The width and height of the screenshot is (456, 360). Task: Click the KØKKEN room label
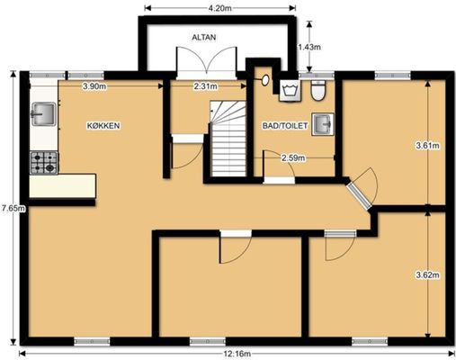pos(103,126)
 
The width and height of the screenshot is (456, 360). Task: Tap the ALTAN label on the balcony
pos(204,38)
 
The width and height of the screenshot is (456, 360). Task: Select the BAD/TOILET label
pos(285,126)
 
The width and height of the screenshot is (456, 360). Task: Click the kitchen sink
pos(44,114)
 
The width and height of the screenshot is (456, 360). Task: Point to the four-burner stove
pos(44,163)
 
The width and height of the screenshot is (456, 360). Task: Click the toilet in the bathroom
pos(318,90)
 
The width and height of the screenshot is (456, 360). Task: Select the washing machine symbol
pos(290,90)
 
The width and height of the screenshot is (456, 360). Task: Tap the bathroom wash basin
pos(323,124)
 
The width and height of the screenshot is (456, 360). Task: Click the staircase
pos(228,139)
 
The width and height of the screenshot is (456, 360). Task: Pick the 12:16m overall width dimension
pos(237,354)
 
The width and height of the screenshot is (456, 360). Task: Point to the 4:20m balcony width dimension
pos(220,8)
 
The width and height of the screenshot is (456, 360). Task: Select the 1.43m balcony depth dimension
pos(308,47)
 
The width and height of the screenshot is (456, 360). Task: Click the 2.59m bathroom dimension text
pos(293,157)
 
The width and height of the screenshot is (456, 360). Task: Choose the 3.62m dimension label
pos(427,274)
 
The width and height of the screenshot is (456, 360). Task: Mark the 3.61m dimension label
pos(427,146)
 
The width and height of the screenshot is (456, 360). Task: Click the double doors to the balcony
pos(206,63)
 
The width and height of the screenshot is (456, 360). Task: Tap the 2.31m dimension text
pos(206,86)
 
